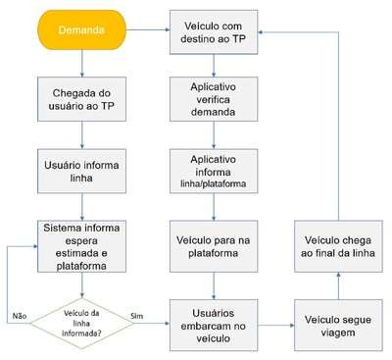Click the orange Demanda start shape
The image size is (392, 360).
[81, 30]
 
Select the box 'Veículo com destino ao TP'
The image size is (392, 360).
[214, 32]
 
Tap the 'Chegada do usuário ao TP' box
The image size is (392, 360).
[81, 99]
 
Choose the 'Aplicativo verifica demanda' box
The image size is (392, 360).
[214, 99]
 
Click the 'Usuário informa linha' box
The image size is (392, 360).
[81, 172]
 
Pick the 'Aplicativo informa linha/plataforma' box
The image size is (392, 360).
[214, 172]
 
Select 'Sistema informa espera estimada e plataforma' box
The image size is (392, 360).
[81, 246]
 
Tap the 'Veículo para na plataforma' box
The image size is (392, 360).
[214, 246]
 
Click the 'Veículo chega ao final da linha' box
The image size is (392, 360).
[338, 246]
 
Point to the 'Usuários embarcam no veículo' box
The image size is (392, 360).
[214, 326]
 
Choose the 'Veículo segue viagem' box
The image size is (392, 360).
[338, 326]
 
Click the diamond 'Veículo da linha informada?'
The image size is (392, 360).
[82, 324]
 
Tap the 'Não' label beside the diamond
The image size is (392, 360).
[20, 316]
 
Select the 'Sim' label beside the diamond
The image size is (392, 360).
[137, 316]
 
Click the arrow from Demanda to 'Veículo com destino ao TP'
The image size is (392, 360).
[148, 30]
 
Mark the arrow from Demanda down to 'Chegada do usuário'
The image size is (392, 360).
[81, 64]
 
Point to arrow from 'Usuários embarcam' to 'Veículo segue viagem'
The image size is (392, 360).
[276, 326]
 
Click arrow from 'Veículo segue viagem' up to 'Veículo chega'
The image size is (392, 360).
[338, 286]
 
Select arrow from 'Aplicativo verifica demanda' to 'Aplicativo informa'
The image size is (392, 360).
[214, 135]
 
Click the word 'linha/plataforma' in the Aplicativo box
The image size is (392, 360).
[214, 183]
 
